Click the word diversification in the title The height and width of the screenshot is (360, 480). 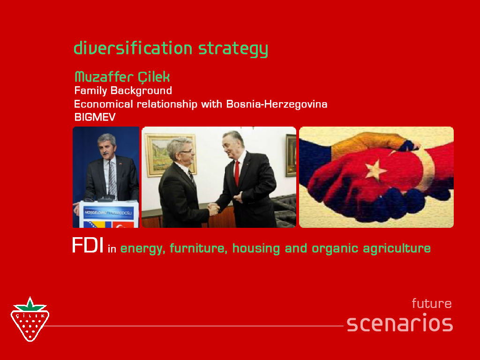133,48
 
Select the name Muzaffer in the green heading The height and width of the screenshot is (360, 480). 104,76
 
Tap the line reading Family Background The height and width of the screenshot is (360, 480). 123,90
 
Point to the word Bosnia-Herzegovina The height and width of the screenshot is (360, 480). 277,104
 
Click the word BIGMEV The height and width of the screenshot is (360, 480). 95,117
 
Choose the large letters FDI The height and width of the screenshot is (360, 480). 88,245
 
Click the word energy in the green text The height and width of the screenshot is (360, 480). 142,248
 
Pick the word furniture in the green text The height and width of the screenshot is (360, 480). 198,248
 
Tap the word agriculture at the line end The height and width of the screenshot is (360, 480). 397,248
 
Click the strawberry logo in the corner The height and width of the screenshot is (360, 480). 30,319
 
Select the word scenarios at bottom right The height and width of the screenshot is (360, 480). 400,323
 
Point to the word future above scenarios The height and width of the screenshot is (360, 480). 432,303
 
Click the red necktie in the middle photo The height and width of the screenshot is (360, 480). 237,172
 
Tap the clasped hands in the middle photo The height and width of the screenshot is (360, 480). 214,209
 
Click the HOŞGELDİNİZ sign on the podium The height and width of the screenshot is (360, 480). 108,213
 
